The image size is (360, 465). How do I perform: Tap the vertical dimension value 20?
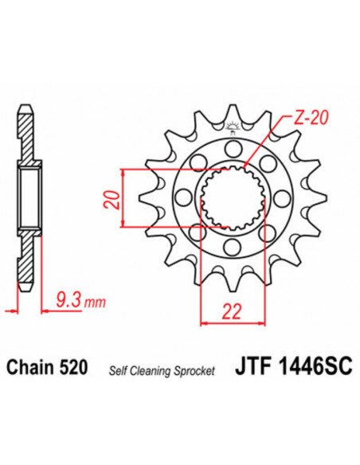(112, 198)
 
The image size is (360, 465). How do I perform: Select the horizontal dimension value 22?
(232, 315)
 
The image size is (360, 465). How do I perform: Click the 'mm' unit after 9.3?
(95, 303)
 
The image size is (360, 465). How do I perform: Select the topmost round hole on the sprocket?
(232, 148)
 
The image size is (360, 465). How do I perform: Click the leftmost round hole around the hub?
(182, 198)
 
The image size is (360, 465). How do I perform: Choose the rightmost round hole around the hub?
(281, 198)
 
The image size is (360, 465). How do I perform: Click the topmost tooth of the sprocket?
(232, 111)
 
